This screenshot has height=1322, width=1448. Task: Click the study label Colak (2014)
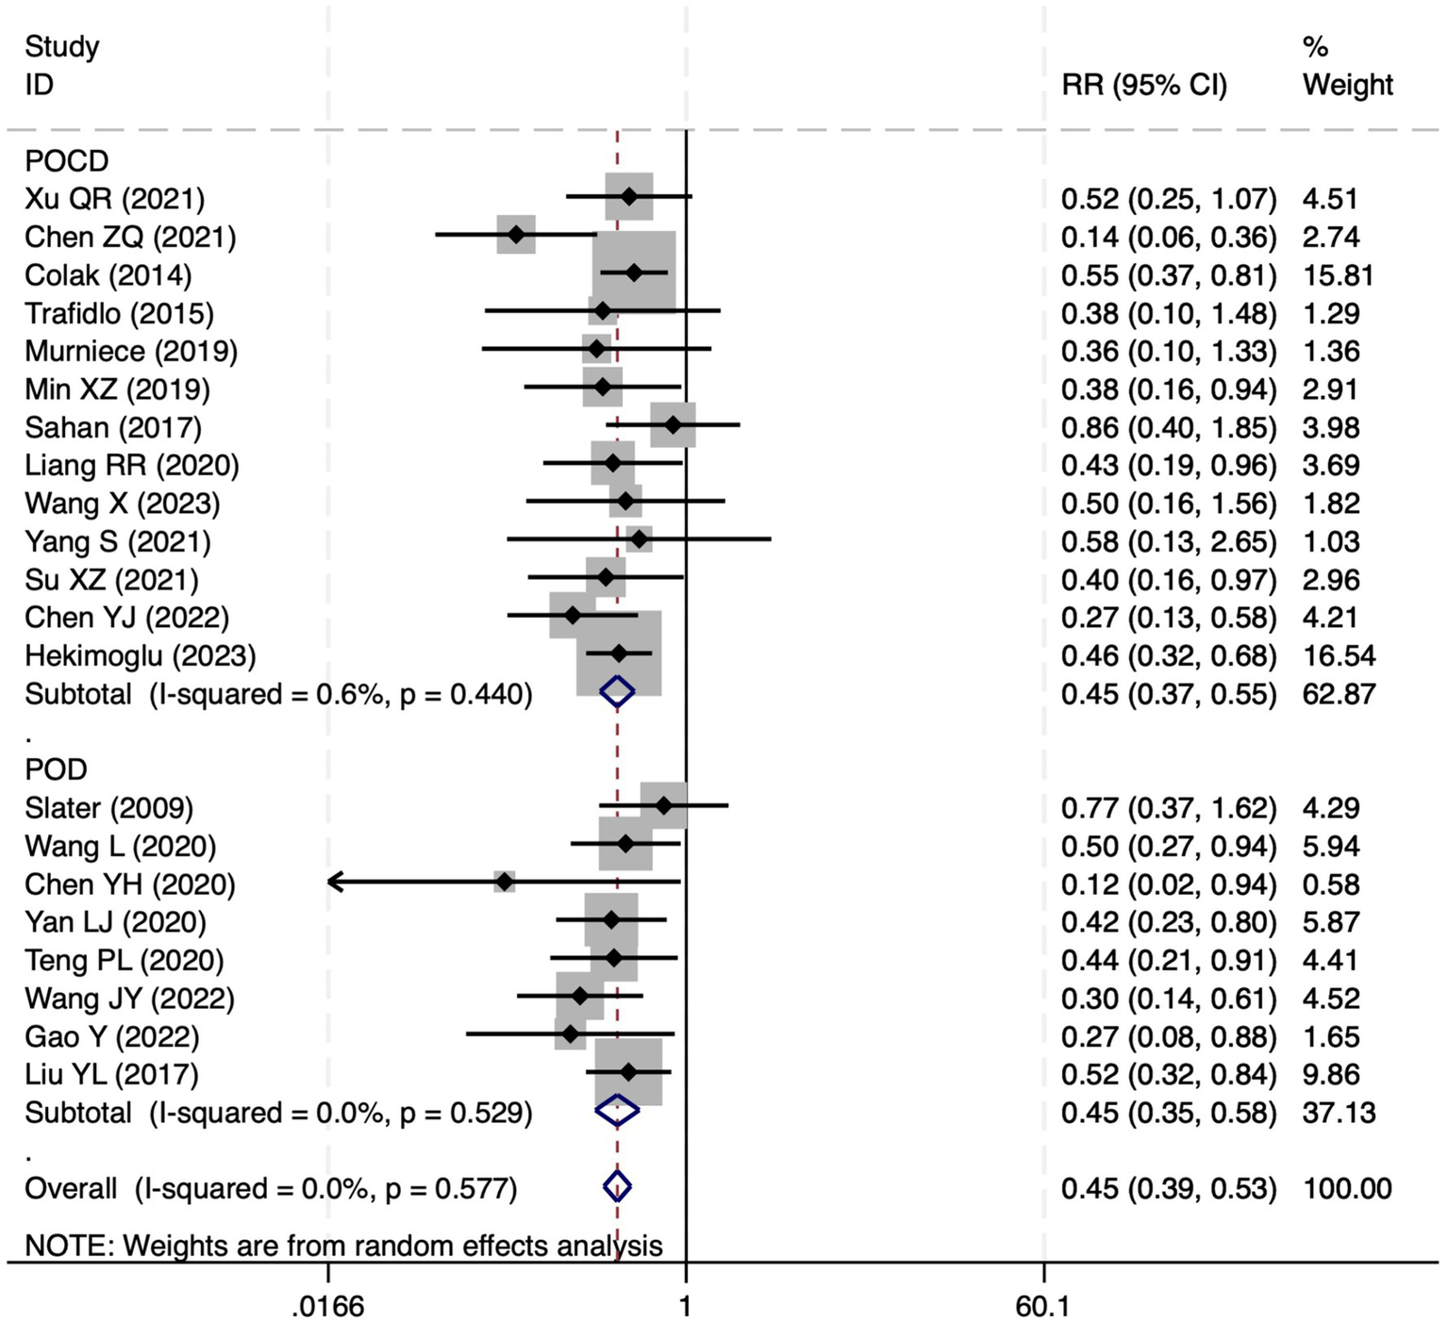pos(108,275)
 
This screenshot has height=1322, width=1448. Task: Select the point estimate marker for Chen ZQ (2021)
pos(516,234)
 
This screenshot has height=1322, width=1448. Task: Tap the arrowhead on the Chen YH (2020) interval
pos(333,883)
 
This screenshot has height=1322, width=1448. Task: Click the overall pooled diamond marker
pos(617,1186)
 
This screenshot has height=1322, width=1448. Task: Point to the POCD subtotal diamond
pos(617,692)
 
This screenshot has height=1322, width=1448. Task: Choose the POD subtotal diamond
pos(617,1111)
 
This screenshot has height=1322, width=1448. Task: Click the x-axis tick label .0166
pos(327,1306)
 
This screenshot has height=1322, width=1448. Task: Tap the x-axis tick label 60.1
pos(1043,1306)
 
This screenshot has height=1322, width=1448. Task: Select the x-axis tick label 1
pos(686,1306)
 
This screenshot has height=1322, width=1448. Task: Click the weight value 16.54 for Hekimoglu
pos(1339,656)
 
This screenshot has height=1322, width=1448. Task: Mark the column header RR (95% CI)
pos(1144,85)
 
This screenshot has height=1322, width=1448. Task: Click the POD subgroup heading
pos(56,769)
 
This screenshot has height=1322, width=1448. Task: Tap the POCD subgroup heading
pos(66,161)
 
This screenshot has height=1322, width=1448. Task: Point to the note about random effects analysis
pos(343,1246)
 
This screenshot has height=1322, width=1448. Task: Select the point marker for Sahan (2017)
pos(673,425)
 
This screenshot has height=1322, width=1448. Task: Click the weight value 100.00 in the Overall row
pos(1347,1188)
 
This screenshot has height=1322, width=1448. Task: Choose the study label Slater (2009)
pos(108,808)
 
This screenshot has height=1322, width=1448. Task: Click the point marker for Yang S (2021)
pos(640,539)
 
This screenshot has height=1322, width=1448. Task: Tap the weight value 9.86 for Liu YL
pos(1331,1074)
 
